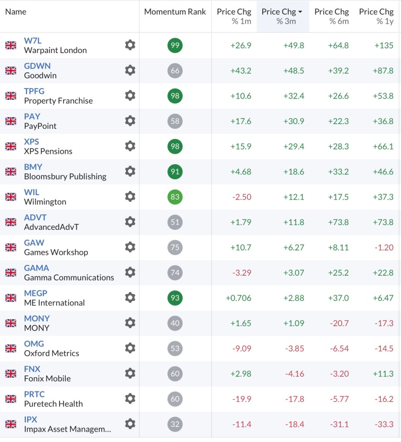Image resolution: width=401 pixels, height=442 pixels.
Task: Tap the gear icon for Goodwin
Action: coord(130,70)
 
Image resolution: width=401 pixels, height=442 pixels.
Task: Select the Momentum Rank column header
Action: coord(175,12)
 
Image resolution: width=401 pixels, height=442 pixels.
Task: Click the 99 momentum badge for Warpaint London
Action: coord(175,45)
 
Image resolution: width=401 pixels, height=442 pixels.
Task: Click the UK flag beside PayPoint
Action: coord(11,121)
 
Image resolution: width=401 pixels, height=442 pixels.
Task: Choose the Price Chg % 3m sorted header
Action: coord(282,16)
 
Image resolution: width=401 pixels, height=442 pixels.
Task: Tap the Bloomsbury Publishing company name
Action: coord(65,176)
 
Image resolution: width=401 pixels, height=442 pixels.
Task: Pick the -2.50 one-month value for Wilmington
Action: coord(242,197)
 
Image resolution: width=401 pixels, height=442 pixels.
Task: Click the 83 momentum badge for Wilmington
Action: coord(175,197)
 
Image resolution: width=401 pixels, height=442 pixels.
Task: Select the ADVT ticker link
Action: coord(35,217)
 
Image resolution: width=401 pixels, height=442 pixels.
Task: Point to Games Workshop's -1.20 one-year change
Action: coord(384,248)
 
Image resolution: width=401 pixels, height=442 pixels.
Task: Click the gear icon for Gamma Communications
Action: coord(130,273)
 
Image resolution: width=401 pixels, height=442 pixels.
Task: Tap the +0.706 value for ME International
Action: coord(239,298)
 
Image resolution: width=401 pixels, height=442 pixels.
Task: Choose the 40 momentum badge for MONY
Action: coord(175,323)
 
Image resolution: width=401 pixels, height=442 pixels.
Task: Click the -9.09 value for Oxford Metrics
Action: coord(242,349)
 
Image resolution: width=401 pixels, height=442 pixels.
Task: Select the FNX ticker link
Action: coord(32,369)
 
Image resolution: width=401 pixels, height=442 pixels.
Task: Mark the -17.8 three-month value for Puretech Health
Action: coord(294,399)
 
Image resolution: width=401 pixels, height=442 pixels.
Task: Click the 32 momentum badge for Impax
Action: coord(175,424)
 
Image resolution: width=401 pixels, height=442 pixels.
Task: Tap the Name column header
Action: coord(16,12)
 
